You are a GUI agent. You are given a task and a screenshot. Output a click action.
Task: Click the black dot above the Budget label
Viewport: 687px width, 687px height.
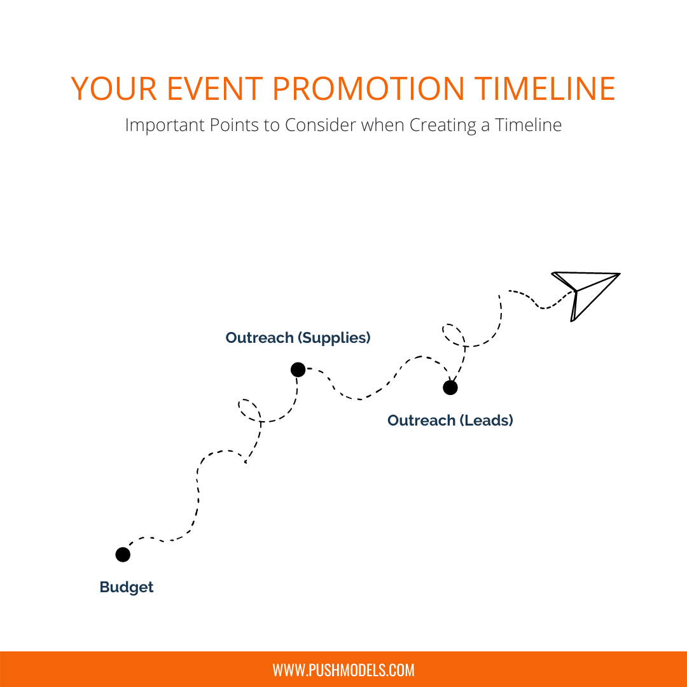tap(123, 554)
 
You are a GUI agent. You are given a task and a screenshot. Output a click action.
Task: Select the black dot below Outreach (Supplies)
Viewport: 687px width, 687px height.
tap(298, 369)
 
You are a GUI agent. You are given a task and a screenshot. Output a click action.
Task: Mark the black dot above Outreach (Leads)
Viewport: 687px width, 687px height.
tap(450, 387)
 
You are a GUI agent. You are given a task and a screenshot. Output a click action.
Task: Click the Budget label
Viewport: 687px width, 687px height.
tap(127, 587)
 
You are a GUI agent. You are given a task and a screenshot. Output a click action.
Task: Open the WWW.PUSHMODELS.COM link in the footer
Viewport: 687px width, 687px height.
tap(343, 670)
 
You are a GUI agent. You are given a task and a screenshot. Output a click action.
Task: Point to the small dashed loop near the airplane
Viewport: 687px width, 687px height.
tap(452, 334)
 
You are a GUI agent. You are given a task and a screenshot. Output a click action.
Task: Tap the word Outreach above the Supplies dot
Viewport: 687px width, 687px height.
tap(260, 338)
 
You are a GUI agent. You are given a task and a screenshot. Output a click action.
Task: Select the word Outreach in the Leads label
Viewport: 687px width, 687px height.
tap(421, 420)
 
